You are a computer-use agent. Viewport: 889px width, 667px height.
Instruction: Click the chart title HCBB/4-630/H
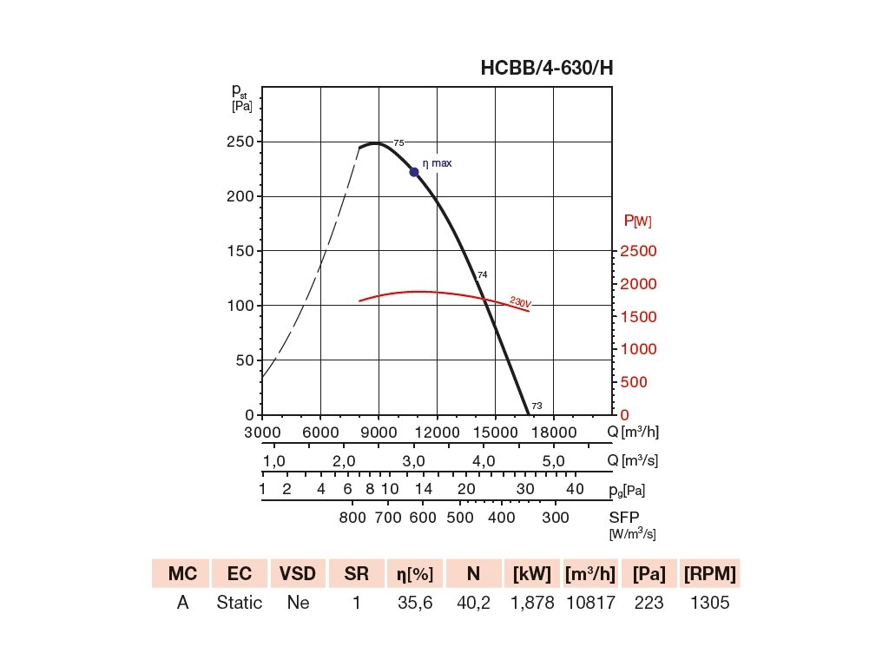point(547,69)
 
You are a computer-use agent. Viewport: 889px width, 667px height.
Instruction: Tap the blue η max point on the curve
point(414,172)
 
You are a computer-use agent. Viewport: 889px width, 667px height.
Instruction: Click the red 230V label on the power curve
point(520,302)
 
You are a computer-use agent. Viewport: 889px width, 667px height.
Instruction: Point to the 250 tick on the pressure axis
point(240,142)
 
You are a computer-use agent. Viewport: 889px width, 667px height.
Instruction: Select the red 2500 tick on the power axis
point(638,251)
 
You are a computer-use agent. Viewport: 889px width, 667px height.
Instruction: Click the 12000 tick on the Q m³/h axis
point(437,432)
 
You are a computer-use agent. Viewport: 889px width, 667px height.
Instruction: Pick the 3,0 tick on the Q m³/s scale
point(413,460)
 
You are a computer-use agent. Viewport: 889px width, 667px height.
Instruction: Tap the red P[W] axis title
point(638,221)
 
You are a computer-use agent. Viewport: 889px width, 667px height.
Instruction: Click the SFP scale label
point(623,518)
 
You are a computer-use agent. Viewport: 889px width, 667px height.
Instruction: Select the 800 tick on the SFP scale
point(352,518)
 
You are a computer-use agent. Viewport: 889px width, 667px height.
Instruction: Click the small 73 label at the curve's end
point(537,406)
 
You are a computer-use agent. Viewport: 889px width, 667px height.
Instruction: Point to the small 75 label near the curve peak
point(398,142)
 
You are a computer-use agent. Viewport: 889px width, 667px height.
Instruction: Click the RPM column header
point(709,573)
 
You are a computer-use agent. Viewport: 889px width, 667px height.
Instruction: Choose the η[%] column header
point(415,573)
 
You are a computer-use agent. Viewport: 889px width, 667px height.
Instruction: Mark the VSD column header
point(298,573)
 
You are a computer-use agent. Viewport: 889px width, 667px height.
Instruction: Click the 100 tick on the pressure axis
point(240,306)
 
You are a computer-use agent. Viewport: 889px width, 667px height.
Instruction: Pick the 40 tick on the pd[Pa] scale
point(575,489)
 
